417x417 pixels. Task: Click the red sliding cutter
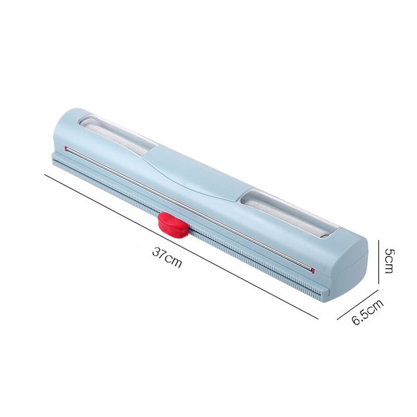[173, 225]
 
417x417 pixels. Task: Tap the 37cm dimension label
[167, 256]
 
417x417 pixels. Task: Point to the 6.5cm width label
[367, 312]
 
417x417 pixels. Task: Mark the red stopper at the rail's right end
[312, 270]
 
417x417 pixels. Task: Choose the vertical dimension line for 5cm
[378, 261]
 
